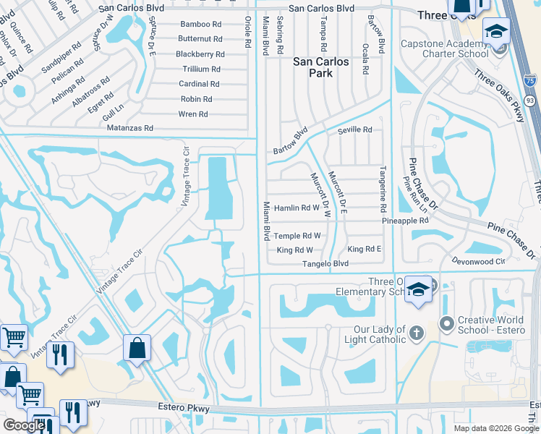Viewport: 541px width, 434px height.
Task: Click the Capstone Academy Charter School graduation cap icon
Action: point(497,31)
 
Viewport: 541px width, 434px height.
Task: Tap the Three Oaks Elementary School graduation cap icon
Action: point(417,290)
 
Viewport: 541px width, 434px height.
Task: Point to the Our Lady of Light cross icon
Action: point(416,333)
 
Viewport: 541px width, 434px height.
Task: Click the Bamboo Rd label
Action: point(200,24)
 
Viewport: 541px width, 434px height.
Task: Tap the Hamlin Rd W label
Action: point(297,208)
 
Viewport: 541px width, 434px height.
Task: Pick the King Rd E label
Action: point(364,249)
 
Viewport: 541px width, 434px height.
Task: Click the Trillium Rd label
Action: point(200,69)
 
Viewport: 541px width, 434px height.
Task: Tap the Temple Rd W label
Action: point(297,236)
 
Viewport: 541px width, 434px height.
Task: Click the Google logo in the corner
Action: point(24,425)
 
